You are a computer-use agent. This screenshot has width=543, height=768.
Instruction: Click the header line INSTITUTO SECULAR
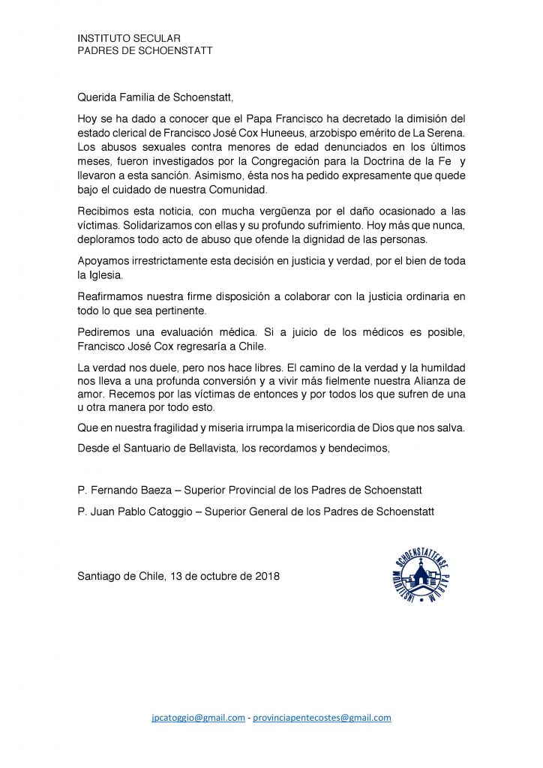129,38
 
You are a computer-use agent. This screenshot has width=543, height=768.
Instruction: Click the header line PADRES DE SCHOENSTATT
145,50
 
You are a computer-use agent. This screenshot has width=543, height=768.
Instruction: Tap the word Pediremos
102,332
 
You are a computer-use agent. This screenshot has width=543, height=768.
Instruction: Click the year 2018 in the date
266,576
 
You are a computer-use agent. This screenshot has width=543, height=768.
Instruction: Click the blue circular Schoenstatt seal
419,574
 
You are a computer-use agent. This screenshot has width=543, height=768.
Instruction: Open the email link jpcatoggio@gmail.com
199,718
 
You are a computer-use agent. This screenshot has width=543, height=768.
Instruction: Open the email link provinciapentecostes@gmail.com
322,718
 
